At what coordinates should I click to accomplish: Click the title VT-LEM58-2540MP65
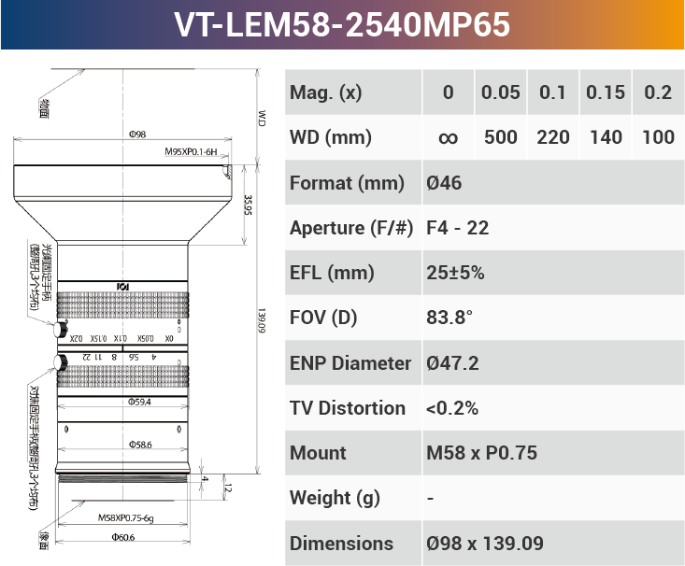[342, 24]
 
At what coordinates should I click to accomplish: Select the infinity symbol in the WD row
[448, 138]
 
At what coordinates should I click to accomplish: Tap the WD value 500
[501, 138]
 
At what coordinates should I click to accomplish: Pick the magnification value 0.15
[606, 92]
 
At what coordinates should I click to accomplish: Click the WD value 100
[659, 138]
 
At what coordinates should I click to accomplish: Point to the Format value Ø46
[444, 183]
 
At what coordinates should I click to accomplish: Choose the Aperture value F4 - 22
[457, 228]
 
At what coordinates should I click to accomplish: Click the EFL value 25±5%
[455, 273]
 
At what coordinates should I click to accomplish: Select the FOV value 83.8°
[450, 318]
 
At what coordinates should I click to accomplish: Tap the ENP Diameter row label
[350, 363]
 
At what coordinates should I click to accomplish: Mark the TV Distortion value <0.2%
[452, 408]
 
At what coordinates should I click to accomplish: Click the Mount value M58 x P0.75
[481, 453]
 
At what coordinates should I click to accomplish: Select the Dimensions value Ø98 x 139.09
[484, 544]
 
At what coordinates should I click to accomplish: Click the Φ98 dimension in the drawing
[136, 135]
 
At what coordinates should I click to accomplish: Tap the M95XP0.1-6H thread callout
[191, 151]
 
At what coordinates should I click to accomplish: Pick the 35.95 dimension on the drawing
[248, 205]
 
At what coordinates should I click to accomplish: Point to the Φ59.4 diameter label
[139, 403]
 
